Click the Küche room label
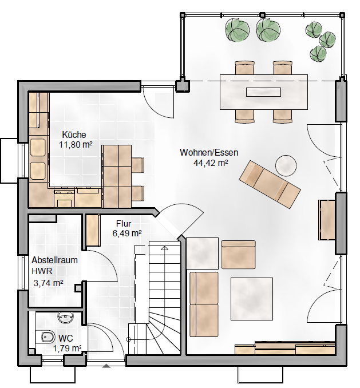point(74,134)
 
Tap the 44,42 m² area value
point(211,163)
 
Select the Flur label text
point(124,224)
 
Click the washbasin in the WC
point(66,316)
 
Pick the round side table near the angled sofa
point(286,165)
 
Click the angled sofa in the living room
point(270,184)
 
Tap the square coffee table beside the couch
point(252,299)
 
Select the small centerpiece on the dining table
point(263,92)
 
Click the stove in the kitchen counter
point(64,197)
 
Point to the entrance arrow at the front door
point(106,366)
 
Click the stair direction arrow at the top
point(164,248)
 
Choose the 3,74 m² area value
point(48,283)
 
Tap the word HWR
point(42,271)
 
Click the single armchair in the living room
point(238,255)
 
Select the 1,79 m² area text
point(68,349)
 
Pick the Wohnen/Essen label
point(209,152)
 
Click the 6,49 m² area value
point(127,233)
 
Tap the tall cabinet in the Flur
point(93,230)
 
